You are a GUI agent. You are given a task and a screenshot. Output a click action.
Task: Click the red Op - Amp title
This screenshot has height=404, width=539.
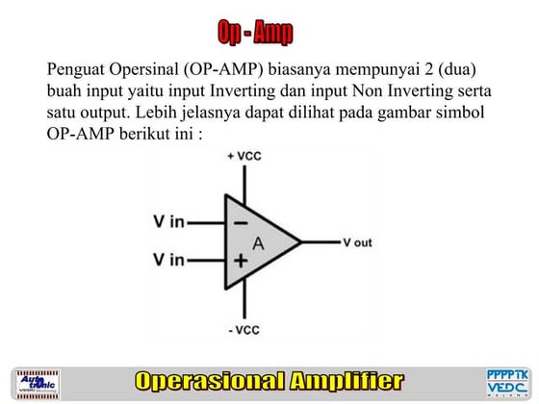(x=255, y=34)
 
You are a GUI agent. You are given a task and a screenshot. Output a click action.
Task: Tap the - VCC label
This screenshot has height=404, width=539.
(x=244, y=331)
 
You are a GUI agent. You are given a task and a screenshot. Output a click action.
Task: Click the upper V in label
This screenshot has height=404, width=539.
(x=167, y=222)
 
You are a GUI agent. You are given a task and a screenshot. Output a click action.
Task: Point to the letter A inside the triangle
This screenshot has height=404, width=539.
(x=258, y=242)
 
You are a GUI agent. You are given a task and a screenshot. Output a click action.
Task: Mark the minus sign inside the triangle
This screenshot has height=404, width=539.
(x=236, y=221)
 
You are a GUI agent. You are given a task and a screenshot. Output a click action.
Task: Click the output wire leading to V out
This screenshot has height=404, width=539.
(x=320, y=241)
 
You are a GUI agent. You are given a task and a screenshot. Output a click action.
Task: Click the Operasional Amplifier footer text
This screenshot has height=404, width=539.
(x=269, y=381)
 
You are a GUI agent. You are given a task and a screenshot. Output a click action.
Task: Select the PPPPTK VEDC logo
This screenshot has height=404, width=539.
(x=506, y=382)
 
